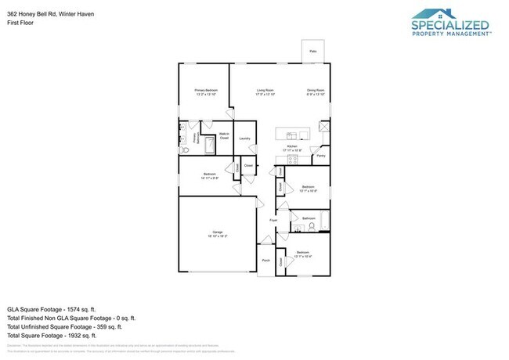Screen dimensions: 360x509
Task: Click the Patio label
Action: (312, 52)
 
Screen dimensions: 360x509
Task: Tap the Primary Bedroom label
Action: (205, 92)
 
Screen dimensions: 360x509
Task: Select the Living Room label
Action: (265, 92)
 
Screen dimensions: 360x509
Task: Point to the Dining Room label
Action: (316, 92)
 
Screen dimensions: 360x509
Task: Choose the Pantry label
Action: (321, 156)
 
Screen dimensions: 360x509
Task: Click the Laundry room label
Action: (244, 139)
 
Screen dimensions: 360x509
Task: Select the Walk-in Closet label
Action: (224, 136)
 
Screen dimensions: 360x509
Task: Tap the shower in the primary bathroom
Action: (209, 145)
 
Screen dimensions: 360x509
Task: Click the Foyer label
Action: (274, 221)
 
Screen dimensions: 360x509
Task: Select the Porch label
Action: (266, 261)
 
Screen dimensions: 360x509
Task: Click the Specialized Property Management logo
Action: (450, 23)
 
